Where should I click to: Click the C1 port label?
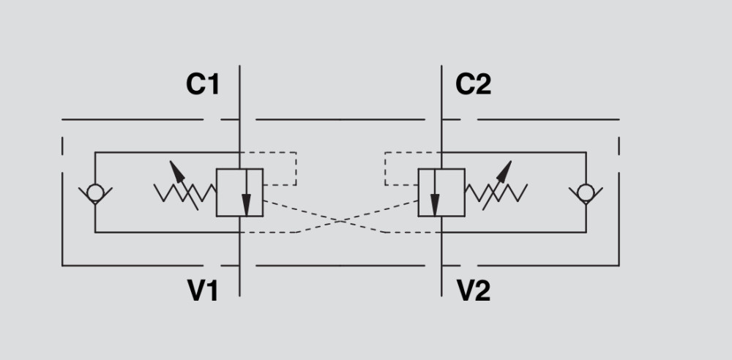[x=202, y=86]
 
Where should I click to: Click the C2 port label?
[x=474, y=86]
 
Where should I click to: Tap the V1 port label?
[x=203, y=291]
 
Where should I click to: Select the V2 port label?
[x=474, y=291]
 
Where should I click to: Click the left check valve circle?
[x=94, y=193]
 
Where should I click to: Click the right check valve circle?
[x=585, y=193]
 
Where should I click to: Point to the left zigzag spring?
[x=185, y=193]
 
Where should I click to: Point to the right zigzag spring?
[x=496, y=193]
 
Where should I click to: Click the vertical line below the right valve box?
[x=441, y=256]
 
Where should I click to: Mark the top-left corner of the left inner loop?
[x=94, y=152]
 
